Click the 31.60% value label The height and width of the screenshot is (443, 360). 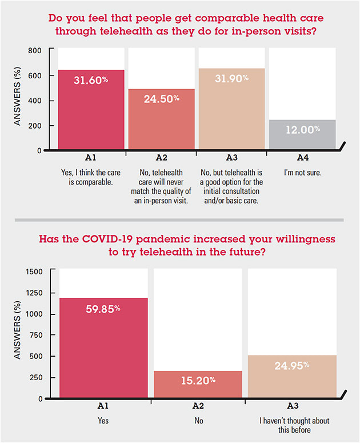pos(91,81)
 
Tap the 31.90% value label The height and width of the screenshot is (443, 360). pos(233,79)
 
